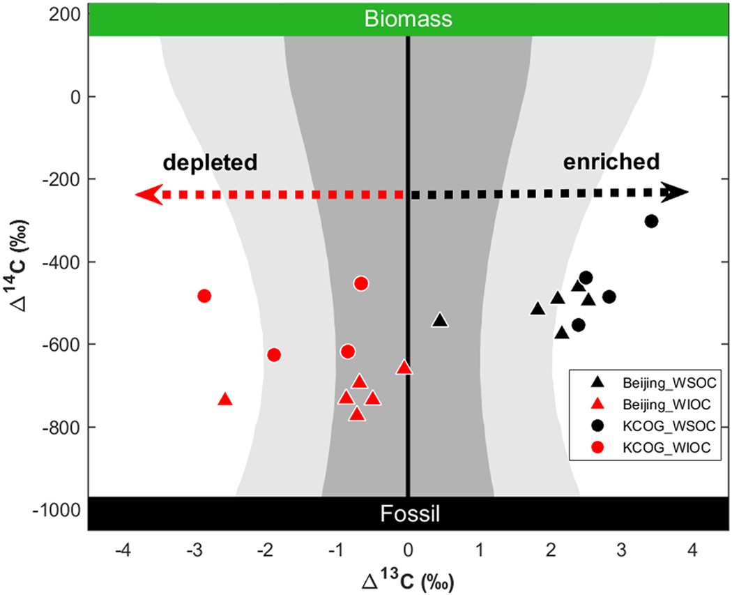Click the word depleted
pyautogui.click(x=211, y=163)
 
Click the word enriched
pyautogui.click(x=611, y=163)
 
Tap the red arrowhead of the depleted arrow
pyautogui.click(x=148, y=195)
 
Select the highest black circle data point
pyautogui.click(x=651, y=221)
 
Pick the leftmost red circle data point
pyautogui.click(x=204, y=296)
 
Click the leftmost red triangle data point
pyautogui.click(x=224, y=400)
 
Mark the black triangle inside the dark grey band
pyautogui.click(x=440, y=320)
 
